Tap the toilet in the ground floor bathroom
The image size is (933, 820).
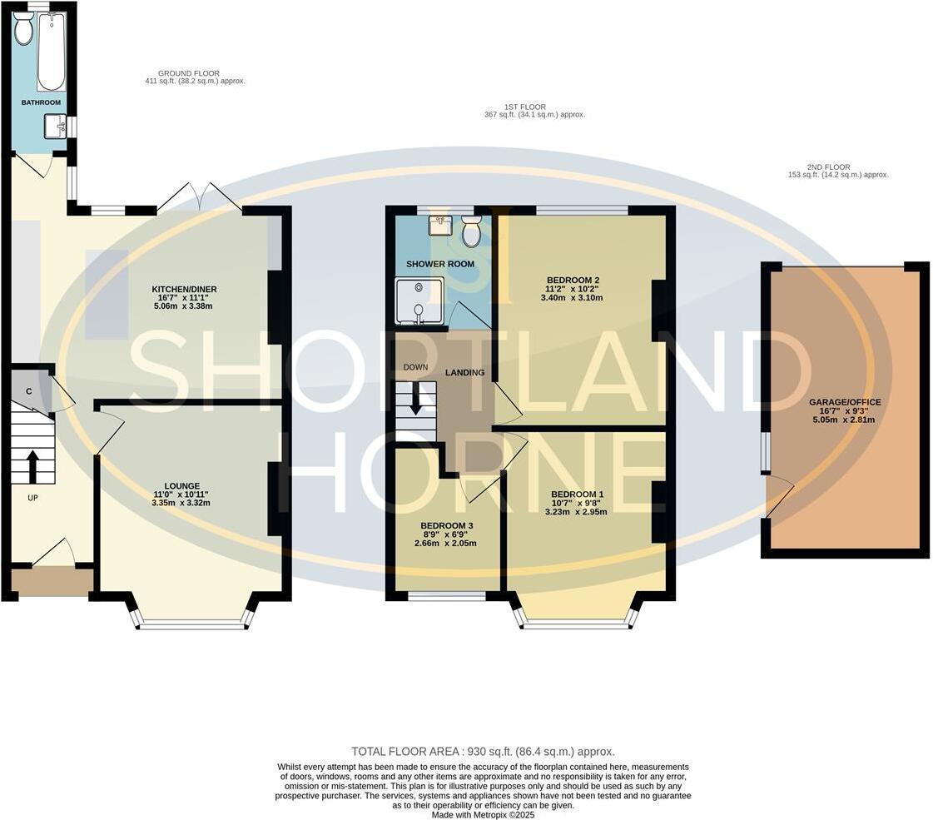pos(23,30)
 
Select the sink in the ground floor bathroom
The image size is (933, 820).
pos(56,127)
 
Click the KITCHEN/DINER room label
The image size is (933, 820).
pos(172,290)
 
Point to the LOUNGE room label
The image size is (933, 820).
pos(181,486)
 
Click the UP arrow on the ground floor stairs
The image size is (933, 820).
pos(32,467)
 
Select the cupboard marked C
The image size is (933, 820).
pos(29,391)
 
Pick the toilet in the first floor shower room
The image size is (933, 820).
pos(471,234)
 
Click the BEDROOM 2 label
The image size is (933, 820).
pos(573,281)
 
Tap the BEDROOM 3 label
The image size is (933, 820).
pos(447,526)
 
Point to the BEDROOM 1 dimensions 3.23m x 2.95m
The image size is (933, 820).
pos(576,512)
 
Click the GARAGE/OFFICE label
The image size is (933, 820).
pos(844,402)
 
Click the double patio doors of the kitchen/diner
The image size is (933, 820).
pos(200,200)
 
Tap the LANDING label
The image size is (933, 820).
pos(464,373)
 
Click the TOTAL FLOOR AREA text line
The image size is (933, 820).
pos(483,751)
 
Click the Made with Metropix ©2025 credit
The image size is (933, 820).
pos(483,814)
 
